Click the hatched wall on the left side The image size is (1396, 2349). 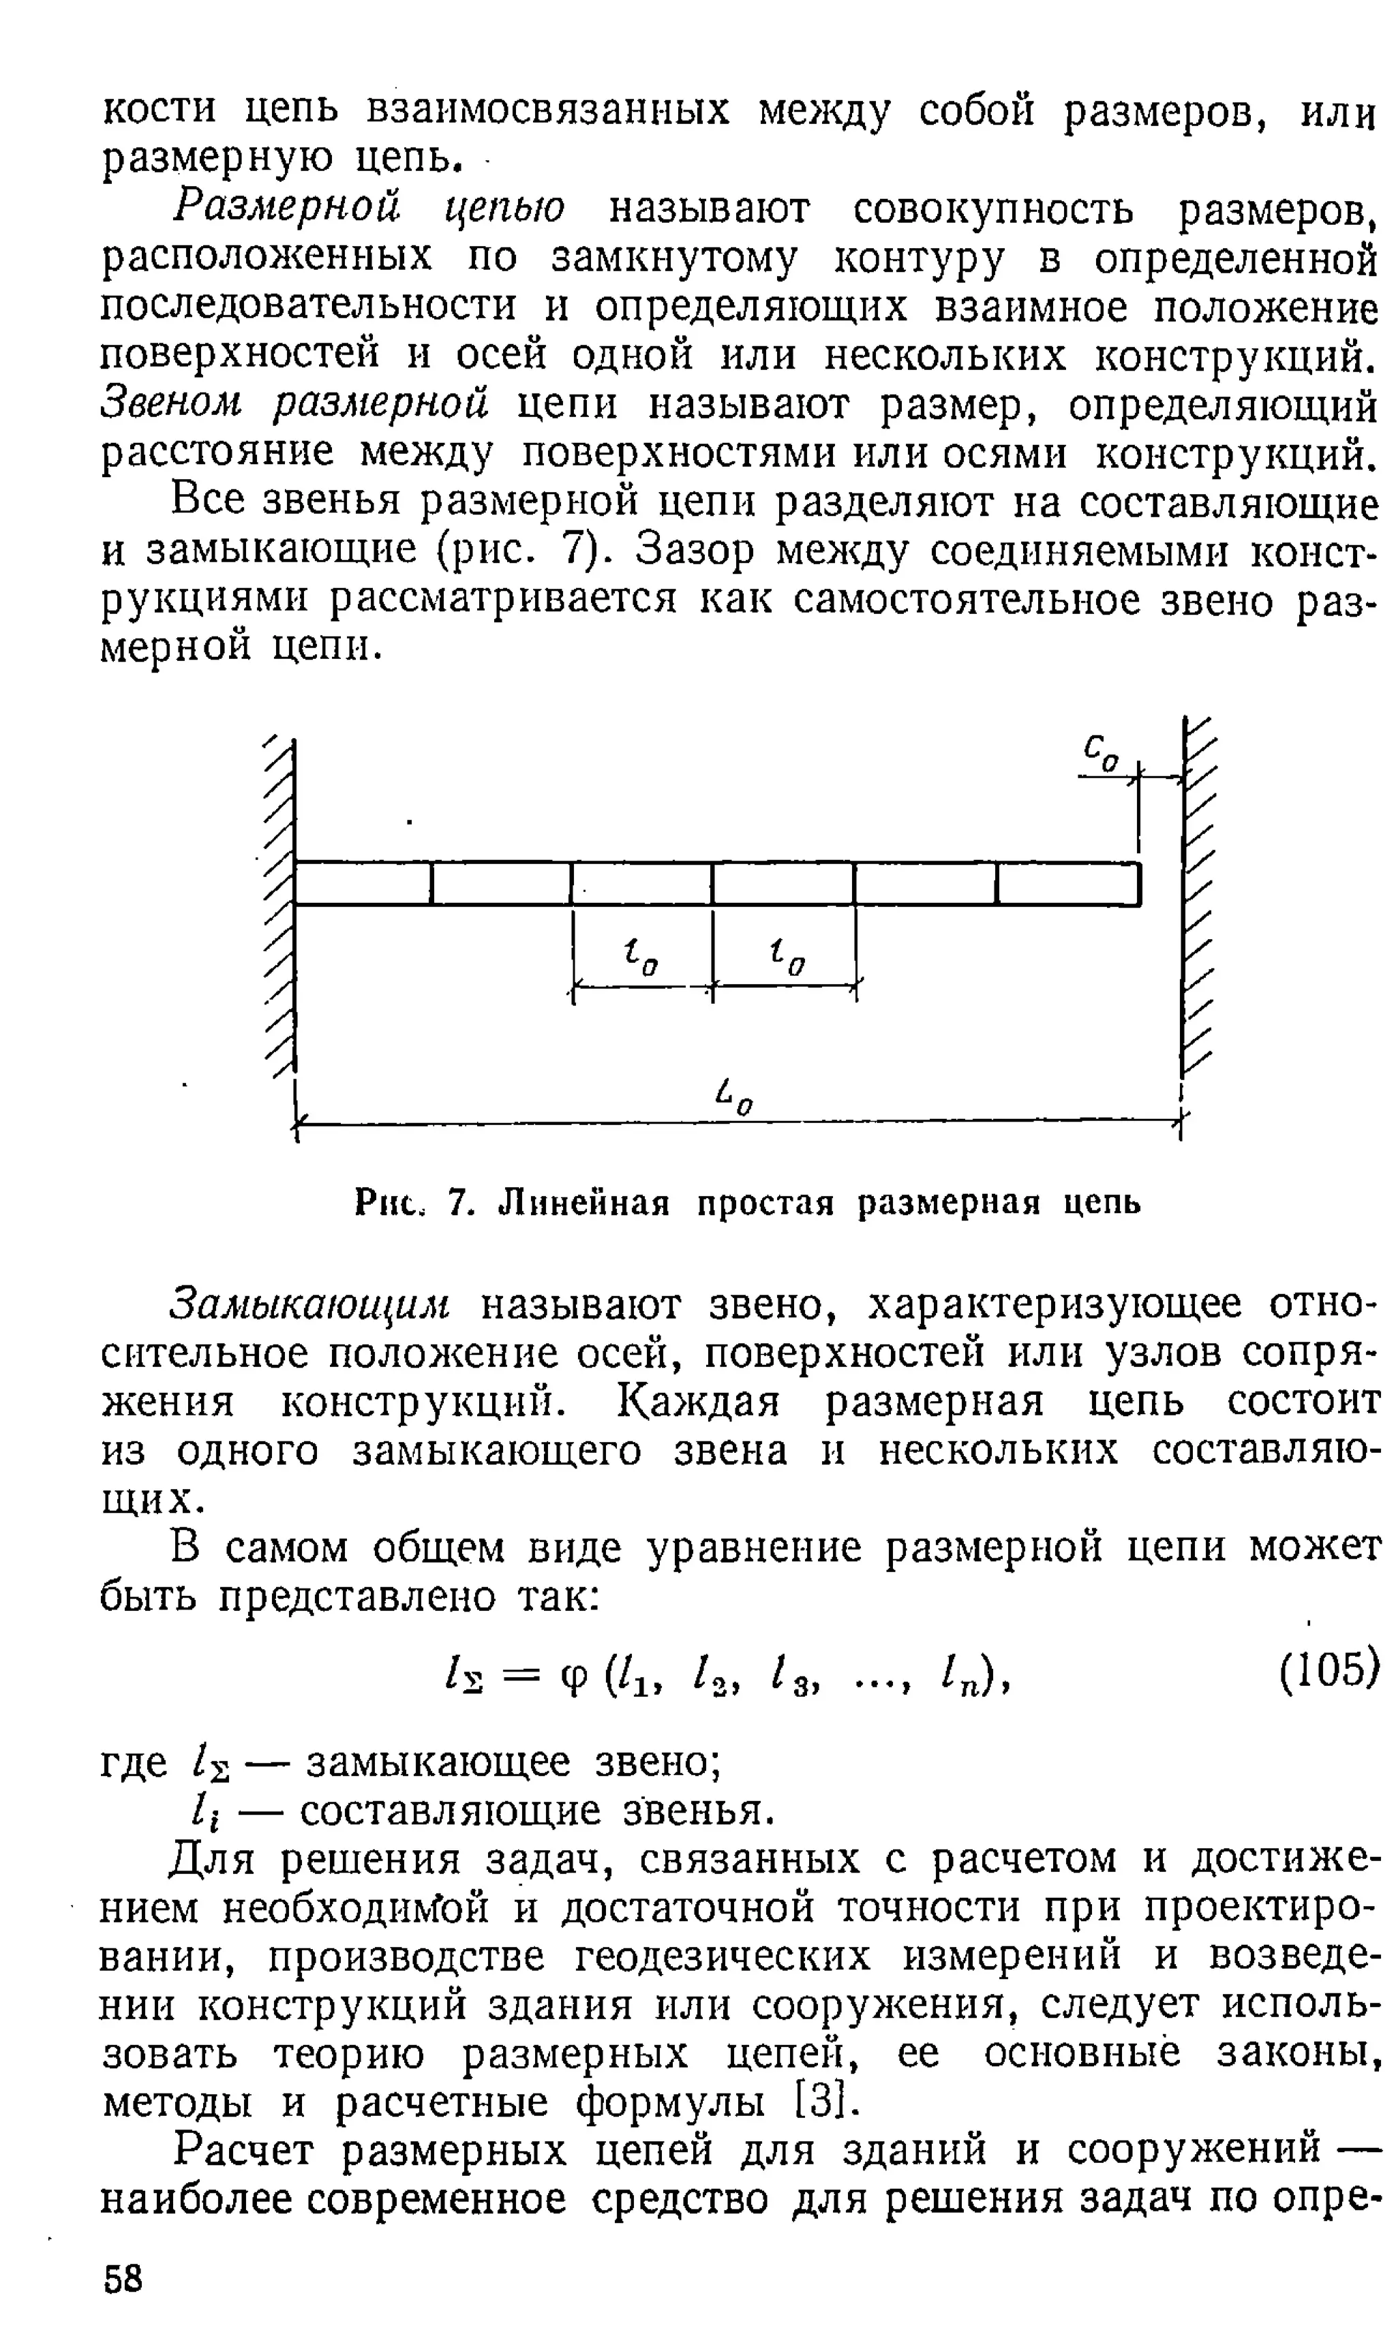280,903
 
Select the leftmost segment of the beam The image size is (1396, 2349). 363,884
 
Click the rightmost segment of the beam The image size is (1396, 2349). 1067,884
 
